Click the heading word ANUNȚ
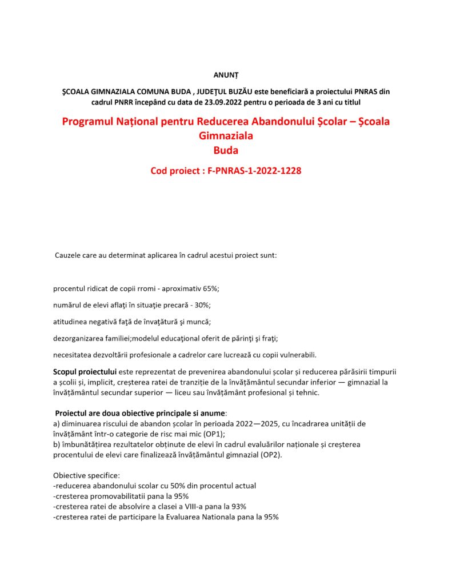coord(226,74)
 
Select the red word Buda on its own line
coord(226,151)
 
